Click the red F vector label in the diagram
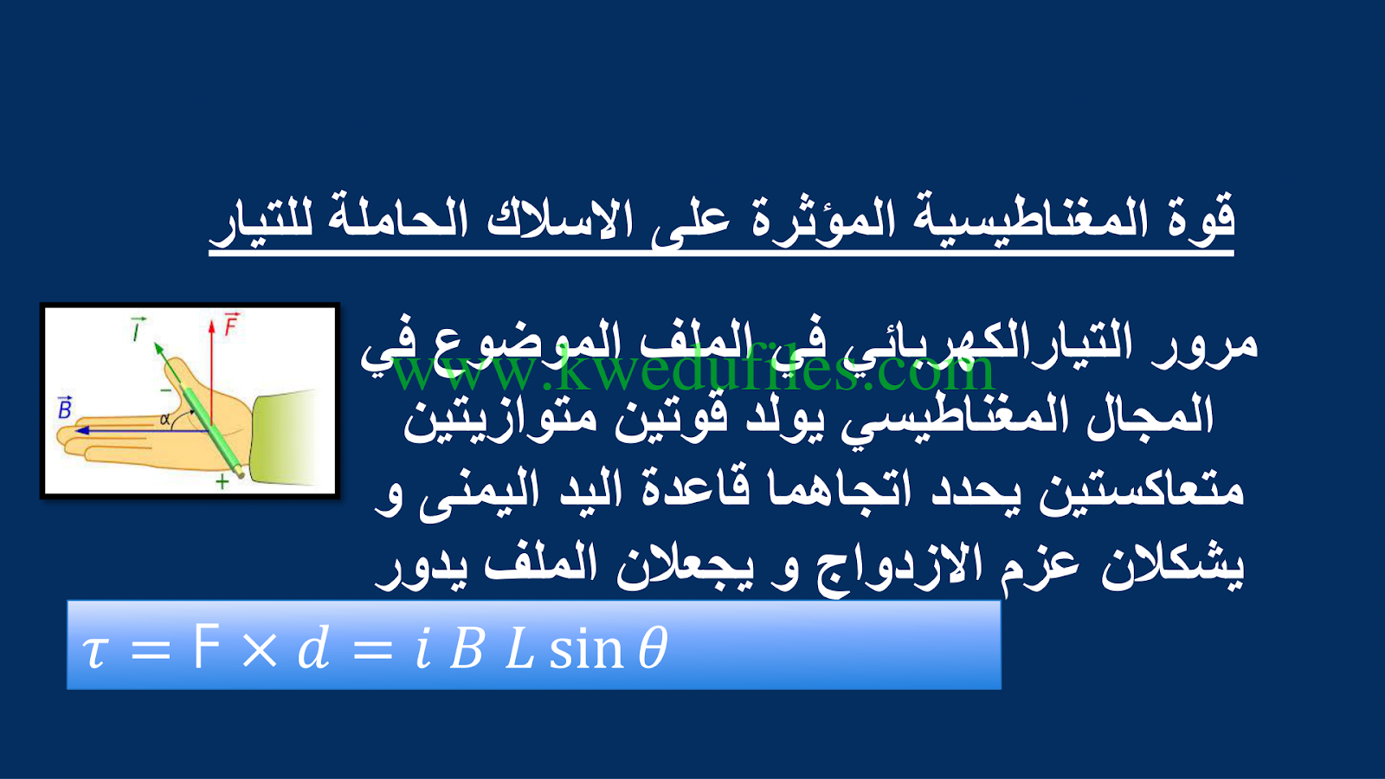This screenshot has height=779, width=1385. (x=231, y=325)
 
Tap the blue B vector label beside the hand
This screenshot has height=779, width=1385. (x=65, y=408)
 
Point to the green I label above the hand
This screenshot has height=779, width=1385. (x=138, y=329)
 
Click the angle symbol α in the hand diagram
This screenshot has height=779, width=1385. (x=164, y=419)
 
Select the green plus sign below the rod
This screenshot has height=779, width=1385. (x=222, y=481)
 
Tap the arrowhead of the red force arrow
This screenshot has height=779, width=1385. (x=211, y=326)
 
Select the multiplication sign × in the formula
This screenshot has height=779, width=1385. (x=259, y=650)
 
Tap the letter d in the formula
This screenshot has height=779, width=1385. (x=313, y=648)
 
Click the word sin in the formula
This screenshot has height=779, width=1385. (x=585, y=650)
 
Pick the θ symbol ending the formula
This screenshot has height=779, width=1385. (x=653, y=648)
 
